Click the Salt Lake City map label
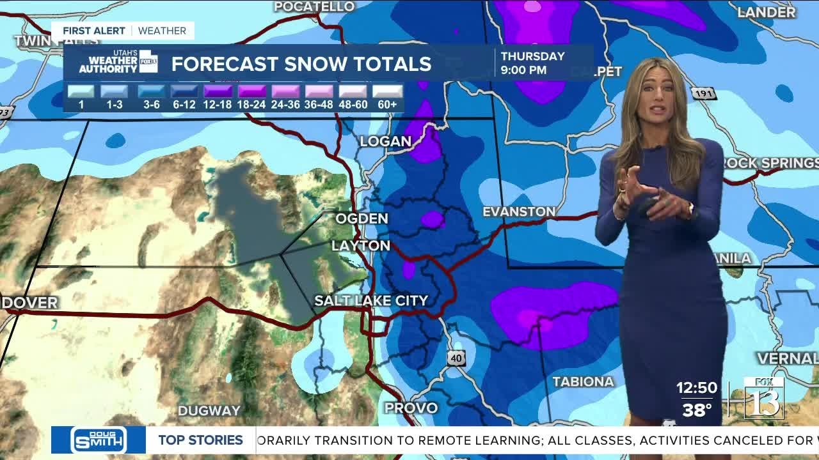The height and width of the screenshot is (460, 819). click(371, 300)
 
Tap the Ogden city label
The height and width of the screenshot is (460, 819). click(362, 218)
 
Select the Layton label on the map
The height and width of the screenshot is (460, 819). click(361, 246)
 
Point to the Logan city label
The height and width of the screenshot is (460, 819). click(385, 141)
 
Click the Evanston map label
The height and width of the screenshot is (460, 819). click(519, 211)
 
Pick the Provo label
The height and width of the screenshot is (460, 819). click(411, 408)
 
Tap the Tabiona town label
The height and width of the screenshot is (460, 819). click(583, 381)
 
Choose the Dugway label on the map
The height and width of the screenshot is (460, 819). click(209, 411)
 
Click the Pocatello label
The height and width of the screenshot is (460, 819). click(314, 6)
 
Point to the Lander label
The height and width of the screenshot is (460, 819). click(767, 12)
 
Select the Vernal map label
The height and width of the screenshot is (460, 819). click(787, 358)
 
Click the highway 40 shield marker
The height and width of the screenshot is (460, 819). click(456, 358)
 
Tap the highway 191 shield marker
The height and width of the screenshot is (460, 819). click(703, 93)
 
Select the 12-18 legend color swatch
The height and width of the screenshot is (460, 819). click(218, 91)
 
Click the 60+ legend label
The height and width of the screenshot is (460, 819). click(387, 104)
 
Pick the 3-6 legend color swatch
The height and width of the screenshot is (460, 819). click(151, 91)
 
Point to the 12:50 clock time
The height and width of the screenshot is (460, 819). click(697, 388)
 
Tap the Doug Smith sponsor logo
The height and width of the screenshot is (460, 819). click(99, 440)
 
